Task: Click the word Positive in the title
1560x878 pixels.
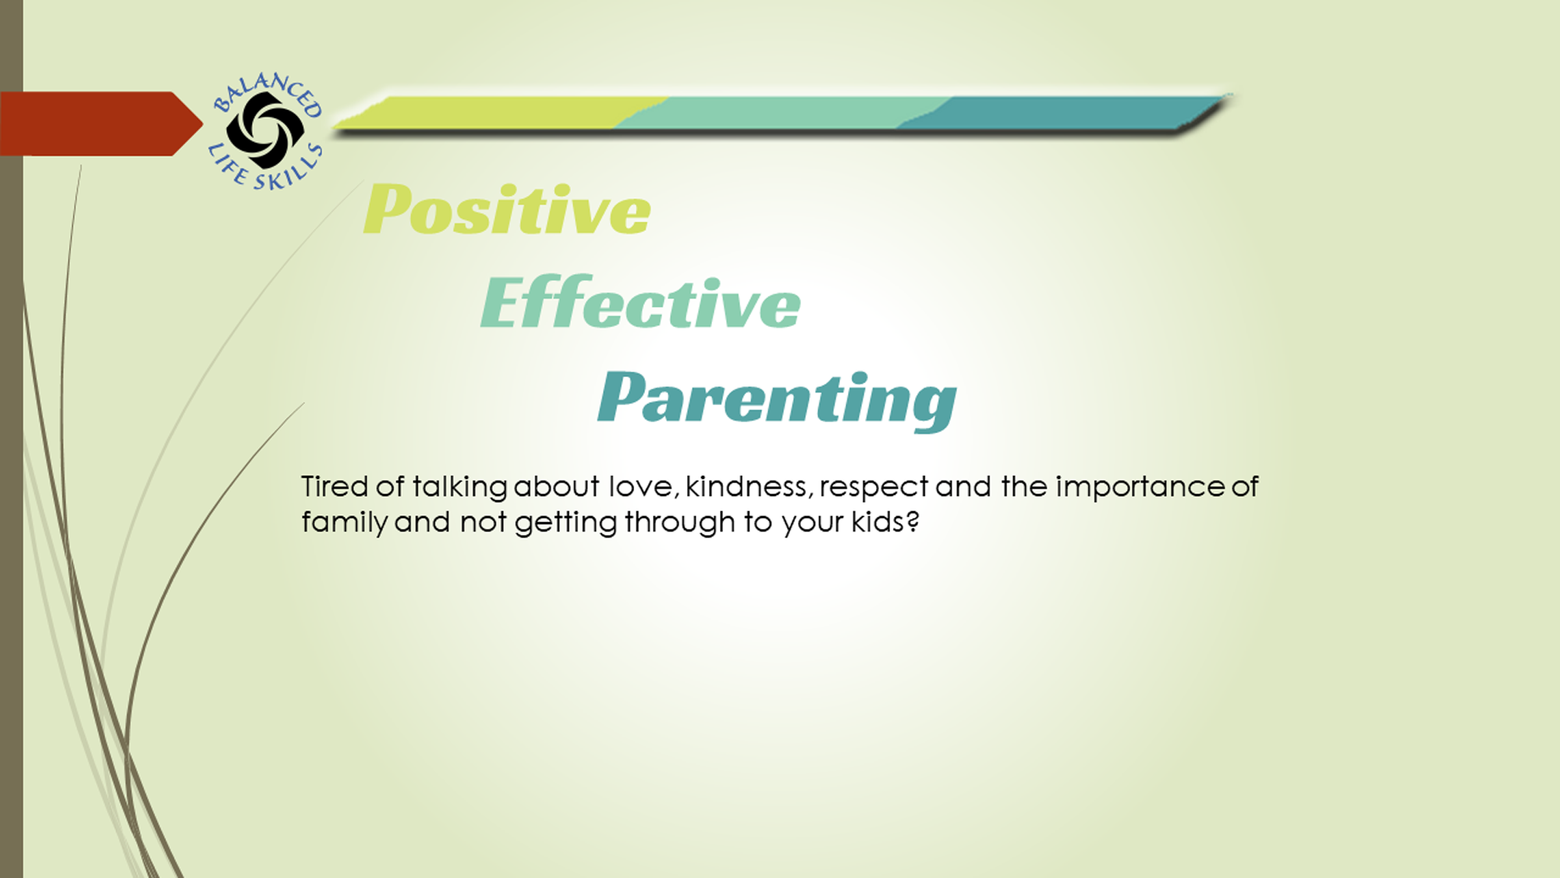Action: (x=507, y=209)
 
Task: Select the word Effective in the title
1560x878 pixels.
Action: (x=640, y=302)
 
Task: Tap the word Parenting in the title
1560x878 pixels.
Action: (x=777, y=400)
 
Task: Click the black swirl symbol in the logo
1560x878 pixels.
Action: (x=265, y=130)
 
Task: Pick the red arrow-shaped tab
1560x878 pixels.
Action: (x=101, y=123)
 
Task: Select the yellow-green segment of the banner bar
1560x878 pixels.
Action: (x=499, y=113)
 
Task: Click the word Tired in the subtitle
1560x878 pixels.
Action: (x=335, y=486)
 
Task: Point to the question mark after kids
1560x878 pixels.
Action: (x=912, y=521)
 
